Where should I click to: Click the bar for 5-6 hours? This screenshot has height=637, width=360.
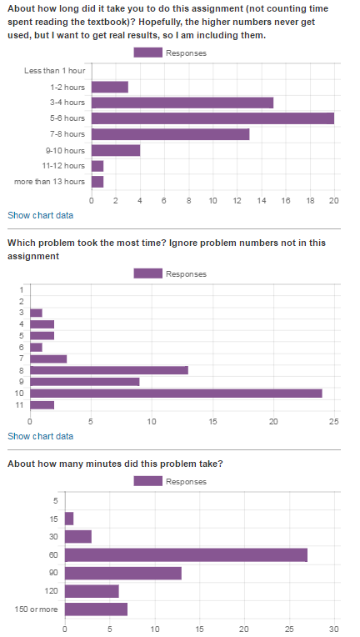coord(212,118)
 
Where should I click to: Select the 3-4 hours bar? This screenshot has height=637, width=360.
coord(182,103)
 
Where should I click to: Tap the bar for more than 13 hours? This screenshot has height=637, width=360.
coord(97,182)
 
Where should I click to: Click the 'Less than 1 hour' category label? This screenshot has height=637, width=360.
coord(55,71)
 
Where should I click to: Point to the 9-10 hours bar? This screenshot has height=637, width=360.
coord(116,150)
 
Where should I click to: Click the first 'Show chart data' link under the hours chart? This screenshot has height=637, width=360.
coord(41,215)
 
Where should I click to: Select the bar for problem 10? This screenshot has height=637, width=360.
coord(176,394)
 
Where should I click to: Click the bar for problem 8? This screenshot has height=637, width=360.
coord(109,370)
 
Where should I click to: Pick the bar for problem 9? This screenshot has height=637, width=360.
coord(85,382)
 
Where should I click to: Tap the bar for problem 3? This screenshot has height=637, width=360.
coord(36,313)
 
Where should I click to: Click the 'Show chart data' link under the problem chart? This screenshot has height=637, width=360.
coord(41,436)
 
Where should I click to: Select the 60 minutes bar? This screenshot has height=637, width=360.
coord(187,555)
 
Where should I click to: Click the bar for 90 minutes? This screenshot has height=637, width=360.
coord(123,573)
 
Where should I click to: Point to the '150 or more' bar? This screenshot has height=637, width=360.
coord(96,609)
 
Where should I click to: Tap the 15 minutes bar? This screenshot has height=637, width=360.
coord(69,519)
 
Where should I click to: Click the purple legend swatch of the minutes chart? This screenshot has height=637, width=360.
coord(147,481)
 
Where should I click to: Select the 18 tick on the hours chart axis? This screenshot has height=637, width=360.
coord(310,200)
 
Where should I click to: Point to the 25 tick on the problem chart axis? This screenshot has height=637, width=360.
coord(334,421)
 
